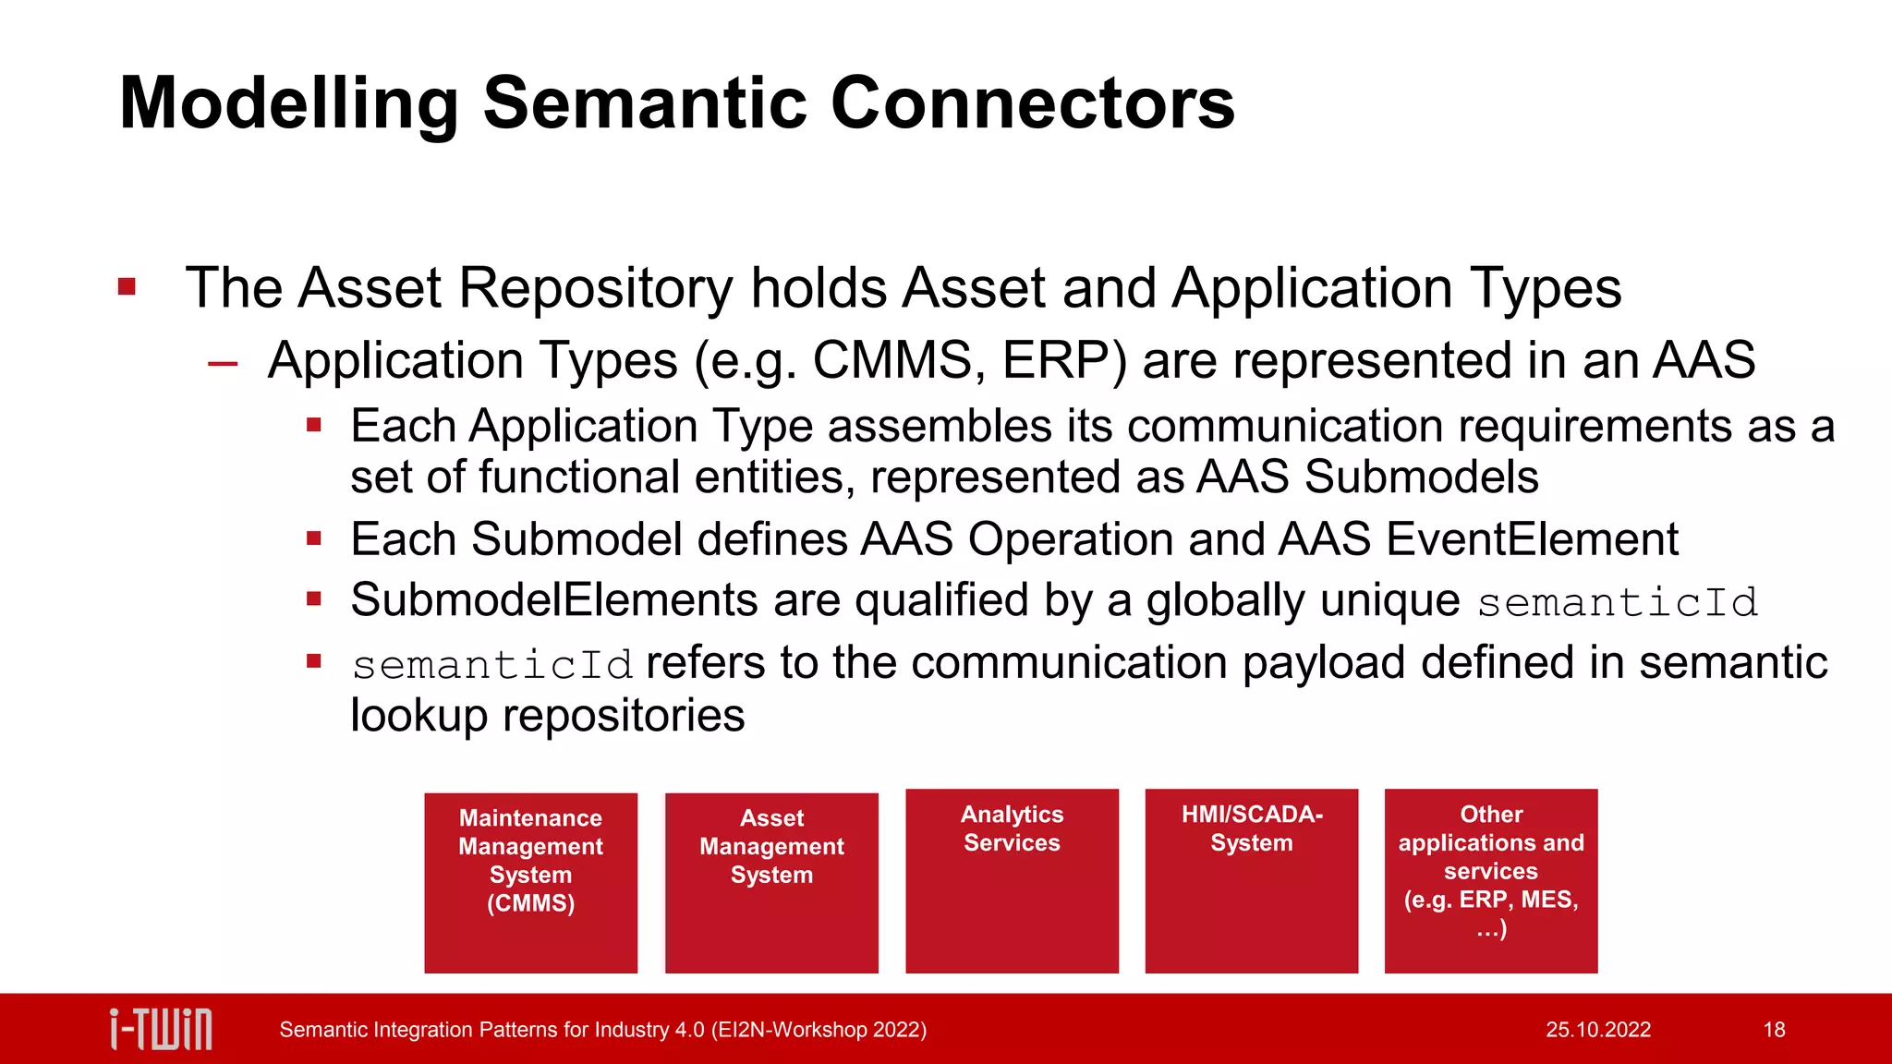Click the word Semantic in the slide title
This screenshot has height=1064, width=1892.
click(x=645, y=103)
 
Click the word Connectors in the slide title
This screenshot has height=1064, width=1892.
click(x=1032, y=103)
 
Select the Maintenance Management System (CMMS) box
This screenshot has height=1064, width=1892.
click(x=530, y=882)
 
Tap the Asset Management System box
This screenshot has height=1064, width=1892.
click(x=771, y=882)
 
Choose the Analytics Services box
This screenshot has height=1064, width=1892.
click(x=1012, y=880)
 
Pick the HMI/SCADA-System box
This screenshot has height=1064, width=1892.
click(x=1251, y=880)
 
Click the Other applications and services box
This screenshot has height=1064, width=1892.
click(x=1490, y=880)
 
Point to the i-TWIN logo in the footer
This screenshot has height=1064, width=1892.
click(x=161, y=1029)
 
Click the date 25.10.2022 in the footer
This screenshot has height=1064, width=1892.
click(x=1597, y=1030)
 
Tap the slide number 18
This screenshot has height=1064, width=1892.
click(x=1774, y=1030)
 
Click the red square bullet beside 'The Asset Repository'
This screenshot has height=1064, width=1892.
click(x=127, y=287)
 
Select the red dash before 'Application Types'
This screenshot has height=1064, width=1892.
click(x=223, y=364)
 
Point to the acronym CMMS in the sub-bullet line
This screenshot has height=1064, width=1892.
click(x=891, y=360)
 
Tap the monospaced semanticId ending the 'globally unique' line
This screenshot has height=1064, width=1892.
click(x=1617, y=603)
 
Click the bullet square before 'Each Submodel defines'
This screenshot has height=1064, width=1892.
click(x=314, y=538)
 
